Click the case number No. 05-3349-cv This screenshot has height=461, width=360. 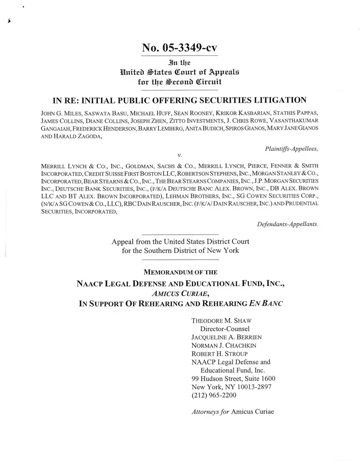(x=180, y=47)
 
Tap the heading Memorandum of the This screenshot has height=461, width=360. (x=180, y=272)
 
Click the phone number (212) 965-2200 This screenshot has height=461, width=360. (x=214, y=395)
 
